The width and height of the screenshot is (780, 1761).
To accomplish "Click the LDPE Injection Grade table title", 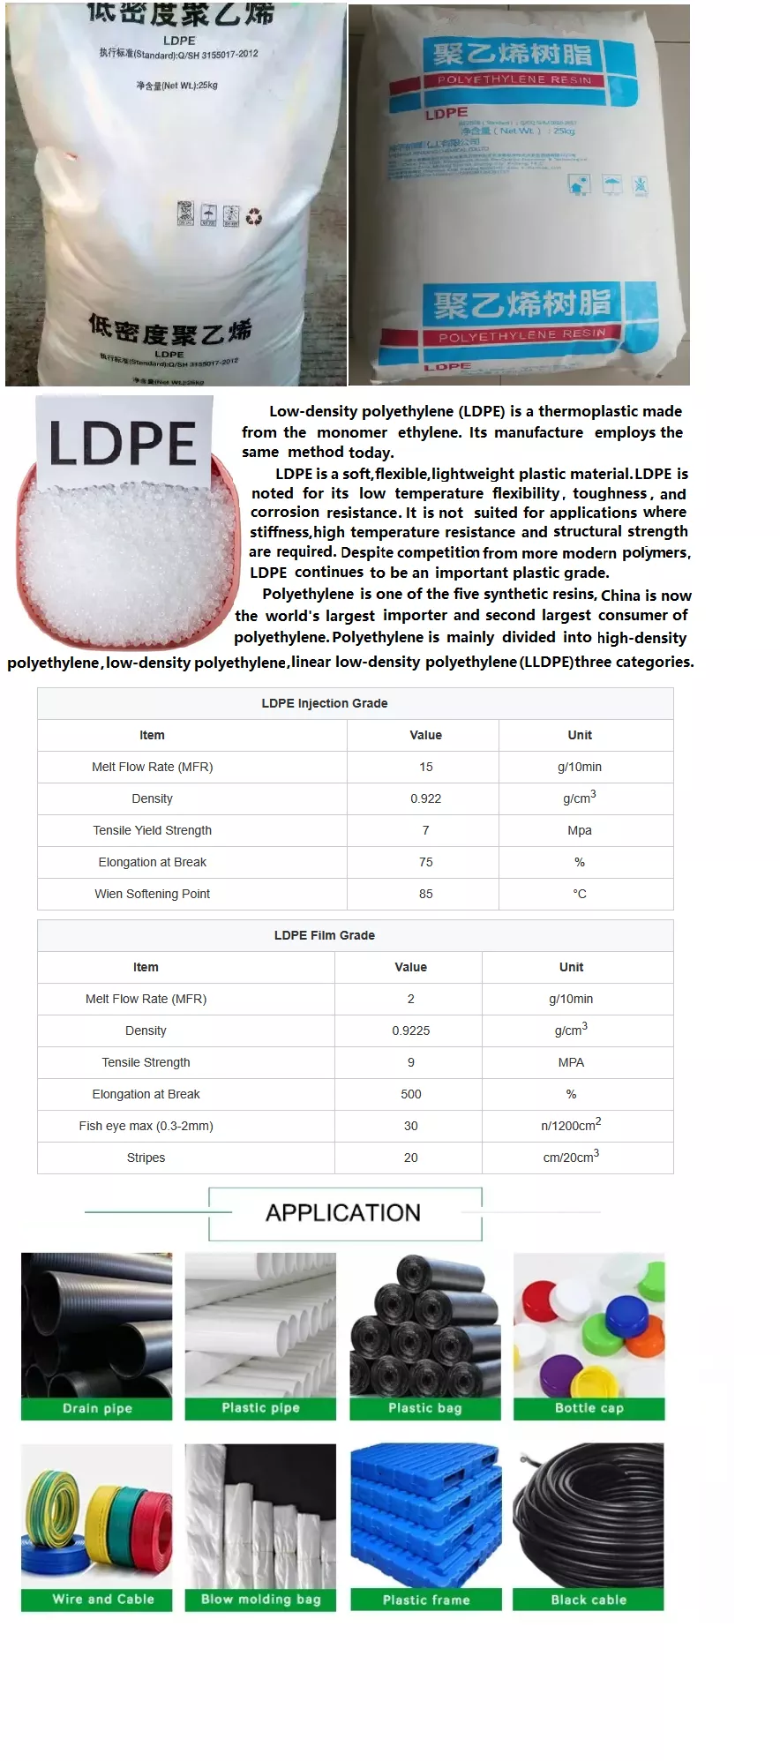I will [324, 703].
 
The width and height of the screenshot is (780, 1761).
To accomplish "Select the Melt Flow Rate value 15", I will [425, 767].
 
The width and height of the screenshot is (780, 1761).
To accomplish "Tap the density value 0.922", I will [425, 798].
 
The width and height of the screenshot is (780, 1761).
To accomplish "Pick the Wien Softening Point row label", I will [152, 894].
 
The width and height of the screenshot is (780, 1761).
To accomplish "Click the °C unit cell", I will [579, 894].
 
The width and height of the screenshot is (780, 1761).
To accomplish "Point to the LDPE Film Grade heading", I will [324, 935].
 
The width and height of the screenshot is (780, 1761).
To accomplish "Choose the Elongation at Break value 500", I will [410, 1094].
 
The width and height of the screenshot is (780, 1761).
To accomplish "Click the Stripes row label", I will [146, 1158].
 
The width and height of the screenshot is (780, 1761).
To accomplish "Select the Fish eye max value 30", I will [410, 1126].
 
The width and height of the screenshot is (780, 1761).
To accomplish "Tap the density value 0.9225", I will [410, 1030].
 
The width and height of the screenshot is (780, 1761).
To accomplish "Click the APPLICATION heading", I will [342, 1213].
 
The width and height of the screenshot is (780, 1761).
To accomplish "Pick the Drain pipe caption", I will [97, 1408].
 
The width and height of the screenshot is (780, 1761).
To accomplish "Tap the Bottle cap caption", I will [589, 1408].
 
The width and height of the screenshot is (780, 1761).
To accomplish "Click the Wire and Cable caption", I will [102, 1600].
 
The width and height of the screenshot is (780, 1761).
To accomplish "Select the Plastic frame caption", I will [425, 1600].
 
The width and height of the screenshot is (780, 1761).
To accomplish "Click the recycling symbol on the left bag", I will [254, 216].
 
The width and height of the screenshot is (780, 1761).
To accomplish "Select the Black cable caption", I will [589, 1600].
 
